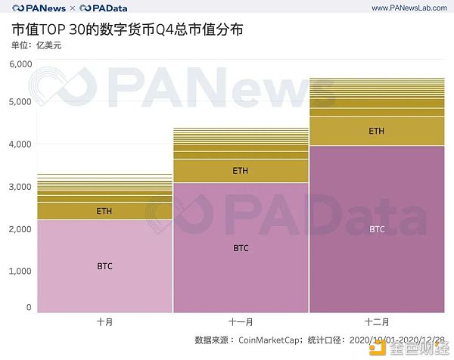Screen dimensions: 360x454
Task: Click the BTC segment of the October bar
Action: point(104,265)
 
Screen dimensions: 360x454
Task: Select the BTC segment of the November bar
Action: point(241,247)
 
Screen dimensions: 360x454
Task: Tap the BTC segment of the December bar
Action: point(376,228)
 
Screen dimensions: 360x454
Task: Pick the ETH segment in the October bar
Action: point(104,211)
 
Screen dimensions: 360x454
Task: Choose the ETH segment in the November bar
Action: point(241,171)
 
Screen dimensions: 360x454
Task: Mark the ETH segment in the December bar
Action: point(376,131)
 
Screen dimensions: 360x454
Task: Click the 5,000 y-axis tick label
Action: point(20,101)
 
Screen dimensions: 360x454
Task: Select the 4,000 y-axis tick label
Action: point(20,144)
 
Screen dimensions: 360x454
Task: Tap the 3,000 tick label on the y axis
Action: point(20,186)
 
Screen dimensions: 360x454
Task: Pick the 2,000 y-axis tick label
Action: point(20,228)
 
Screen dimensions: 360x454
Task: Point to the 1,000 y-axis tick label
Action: point(20,271)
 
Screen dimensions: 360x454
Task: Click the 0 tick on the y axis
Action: point(29,307)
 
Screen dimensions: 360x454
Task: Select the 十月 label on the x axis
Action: point(104,321)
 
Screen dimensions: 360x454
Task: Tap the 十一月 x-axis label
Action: point(241,321)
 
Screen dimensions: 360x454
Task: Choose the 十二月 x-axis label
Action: point(376,321)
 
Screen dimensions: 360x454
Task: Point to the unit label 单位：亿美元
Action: point(36,46)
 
